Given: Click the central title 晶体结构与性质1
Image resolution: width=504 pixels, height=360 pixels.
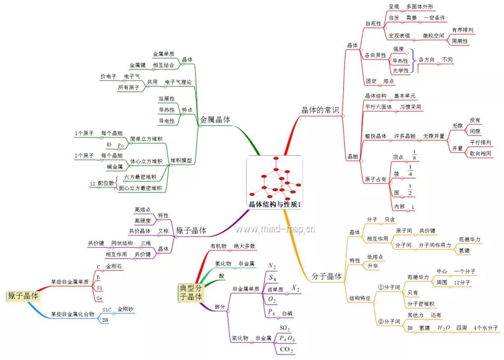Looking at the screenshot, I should pyautogui.click(x=274, y=204).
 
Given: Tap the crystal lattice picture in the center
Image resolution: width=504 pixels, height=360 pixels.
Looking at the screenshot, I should pyautogui.click(x=274, y=179).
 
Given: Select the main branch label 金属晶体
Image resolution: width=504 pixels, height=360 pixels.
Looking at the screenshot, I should pyautogui.click(x=215, y=119).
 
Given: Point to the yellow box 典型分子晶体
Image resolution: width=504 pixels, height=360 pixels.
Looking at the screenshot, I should pyautogui.click(x=191, y=292).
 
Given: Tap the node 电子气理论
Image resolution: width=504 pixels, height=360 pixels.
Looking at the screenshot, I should pyautogui.click(x=178, y=82).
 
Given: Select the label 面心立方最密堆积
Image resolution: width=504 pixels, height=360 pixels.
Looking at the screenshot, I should pyautogui.click(x=140, y=188).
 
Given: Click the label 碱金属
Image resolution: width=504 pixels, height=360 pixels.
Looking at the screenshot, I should pyautogui.click(x=115, y=166).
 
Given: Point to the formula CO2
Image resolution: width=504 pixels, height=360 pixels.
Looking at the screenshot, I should pyautogui.click(x=286, y=349).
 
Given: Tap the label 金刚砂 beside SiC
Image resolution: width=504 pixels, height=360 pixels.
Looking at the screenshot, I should pyautogui.click(x=126, y=309).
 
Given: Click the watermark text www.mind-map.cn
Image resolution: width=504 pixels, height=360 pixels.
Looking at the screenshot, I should pyautogui.click(x=275, y=229).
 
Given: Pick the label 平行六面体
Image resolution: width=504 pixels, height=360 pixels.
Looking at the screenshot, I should pyautogui.click(x=378, y=107).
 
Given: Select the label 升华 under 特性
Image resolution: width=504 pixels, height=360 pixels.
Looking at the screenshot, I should pyautogui.click(x=373, y=266).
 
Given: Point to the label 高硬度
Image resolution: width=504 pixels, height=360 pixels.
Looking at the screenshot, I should pyautogui.click(x=142, y=221).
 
